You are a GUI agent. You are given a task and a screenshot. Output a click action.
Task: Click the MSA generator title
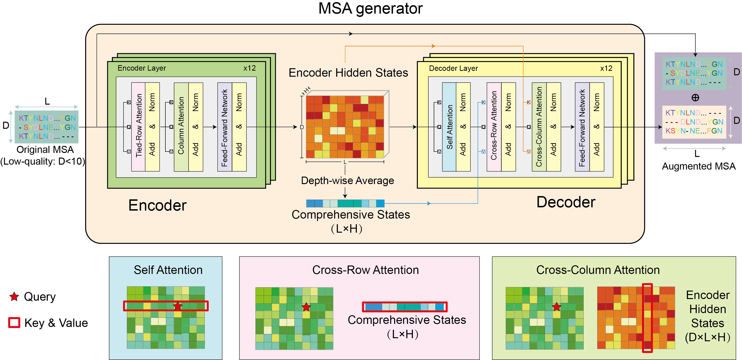click(370, 9)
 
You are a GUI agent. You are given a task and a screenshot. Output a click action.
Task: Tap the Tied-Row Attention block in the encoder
click(139, 127)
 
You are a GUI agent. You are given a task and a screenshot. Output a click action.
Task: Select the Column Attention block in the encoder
click(181, 127)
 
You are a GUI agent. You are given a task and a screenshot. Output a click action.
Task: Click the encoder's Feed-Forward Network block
click(225, 127)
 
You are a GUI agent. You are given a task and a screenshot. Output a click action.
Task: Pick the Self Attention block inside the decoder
click(449, 127)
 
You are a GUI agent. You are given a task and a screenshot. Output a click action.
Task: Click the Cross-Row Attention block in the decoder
click(494, 127)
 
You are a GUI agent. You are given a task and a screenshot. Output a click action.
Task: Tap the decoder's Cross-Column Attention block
click(539, 127)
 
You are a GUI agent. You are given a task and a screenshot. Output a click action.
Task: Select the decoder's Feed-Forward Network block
click(582, 127)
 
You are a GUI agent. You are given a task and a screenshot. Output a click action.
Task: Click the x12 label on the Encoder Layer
click(249, 68)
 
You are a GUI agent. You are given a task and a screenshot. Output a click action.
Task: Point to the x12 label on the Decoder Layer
click(606, 68)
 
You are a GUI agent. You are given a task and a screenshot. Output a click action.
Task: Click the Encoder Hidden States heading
click(348, 73)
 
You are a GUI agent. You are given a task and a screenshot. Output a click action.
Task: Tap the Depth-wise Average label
click(347, 181)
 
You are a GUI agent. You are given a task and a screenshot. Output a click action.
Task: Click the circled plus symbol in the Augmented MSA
click(695, 98)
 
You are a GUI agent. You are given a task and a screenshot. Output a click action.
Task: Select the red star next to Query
click(14, 296)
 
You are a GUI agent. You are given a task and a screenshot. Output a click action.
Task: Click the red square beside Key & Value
click(14, 322)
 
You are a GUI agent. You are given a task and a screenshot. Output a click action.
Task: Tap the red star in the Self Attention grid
click(178, 306)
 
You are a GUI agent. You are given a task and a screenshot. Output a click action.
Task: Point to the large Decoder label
click(566, 202)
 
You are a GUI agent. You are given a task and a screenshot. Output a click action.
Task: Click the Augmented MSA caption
click(699, 166)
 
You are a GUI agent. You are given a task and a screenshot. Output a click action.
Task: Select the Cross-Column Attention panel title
click(598, 270)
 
